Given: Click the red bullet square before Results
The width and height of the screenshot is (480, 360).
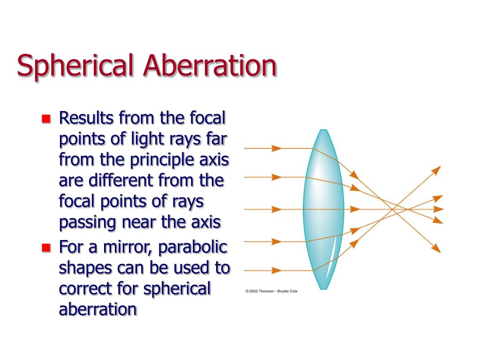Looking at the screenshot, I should pyautogui.click(x=45, y=119).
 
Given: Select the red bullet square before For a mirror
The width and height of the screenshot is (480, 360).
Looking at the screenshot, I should pyautogui.click(x=45, y=247).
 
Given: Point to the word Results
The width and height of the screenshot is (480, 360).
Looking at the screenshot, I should pyautogui.click(x=85, y=118).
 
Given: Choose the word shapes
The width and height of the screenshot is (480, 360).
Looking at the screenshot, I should pyautogui.click(x=85, y=268).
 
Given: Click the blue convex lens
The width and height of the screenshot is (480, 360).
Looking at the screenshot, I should pyautogui.click(x=323, y=209).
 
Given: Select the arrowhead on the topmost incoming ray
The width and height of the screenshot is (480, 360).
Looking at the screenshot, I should pyautogui.click(x=277, y=149).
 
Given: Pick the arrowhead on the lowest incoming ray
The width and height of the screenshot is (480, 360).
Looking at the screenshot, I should pyautogui.click(x=277, y=270).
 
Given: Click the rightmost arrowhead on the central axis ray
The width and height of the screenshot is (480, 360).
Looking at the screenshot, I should pyautogui.click(x=438, y=209).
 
